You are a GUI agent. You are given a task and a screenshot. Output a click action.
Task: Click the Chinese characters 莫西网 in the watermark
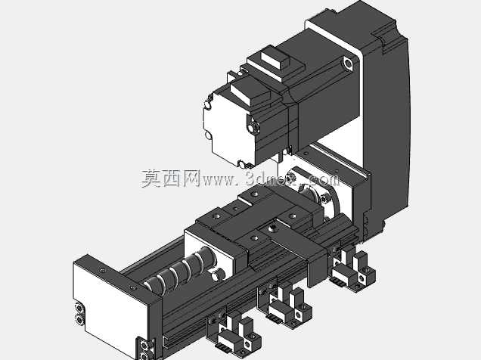coord(171,178)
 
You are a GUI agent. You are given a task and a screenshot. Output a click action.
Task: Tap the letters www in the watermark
coord(218,180)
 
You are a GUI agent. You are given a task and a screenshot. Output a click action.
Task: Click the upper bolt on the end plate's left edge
coord(79,308)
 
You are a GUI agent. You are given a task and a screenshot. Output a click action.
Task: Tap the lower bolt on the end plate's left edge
coord(79,320)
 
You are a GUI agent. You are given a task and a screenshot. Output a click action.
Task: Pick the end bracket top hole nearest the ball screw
coord(133,288)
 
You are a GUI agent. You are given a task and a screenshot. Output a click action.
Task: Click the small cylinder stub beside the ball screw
coord(218,274)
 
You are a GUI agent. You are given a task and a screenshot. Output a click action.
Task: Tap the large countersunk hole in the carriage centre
coord(272,228)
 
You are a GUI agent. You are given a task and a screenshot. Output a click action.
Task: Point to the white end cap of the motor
coord(228,128)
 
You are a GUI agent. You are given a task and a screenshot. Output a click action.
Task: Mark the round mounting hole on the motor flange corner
coord(348,64)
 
